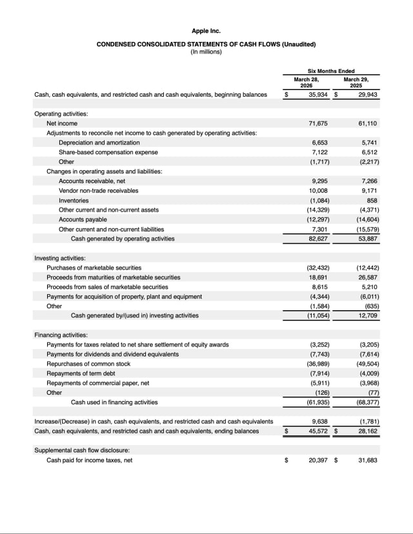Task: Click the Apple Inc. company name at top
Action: pos(206,31)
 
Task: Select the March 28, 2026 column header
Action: pos(307,82)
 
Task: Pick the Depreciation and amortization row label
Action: pos(99,143)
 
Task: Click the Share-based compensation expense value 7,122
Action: pos(319,152)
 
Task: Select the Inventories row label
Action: pos(74,201)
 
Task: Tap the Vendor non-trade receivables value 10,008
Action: pos(317,191)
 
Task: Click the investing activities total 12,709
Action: pos(367,315)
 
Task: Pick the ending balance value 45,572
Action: pos(316,431)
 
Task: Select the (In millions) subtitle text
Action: pos(206,52)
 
